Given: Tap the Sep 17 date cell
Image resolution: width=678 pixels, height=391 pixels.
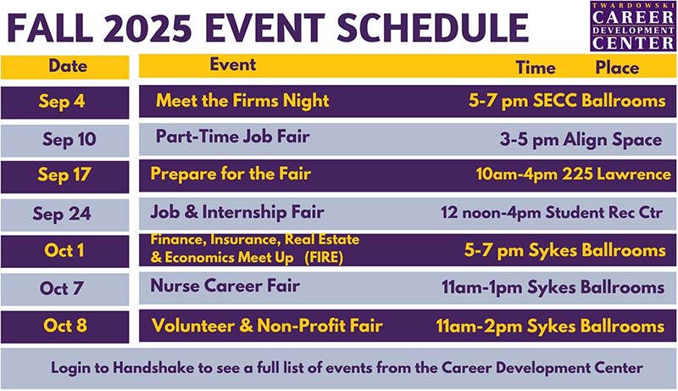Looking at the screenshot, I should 64,176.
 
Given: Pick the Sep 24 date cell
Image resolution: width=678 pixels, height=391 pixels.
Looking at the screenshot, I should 64,214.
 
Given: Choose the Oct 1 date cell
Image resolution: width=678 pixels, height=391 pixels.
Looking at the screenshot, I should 64,252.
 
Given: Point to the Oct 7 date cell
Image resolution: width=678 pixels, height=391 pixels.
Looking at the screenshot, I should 64,288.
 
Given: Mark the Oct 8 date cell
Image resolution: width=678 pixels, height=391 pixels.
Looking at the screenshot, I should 64,327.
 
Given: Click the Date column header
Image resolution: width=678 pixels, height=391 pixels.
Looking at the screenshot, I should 68,65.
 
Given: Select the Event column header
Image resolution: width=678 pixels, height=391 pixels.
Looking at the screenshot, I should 233,64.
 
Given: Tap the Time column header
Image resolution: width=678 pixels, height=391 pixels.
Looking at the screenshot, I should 536,68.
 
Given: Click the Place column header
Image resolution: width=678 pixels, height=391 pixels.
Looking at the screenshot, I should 617,68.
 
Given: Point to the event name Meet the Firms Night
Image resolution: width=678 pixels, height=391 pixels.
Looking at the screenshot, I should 242,101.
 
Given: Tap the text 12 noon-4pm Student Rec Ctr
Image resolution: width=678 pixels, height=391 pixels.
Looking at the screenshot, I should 552,212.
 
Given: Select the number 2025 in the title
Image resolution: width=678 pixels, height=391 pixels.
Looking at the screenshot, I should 180,27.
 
